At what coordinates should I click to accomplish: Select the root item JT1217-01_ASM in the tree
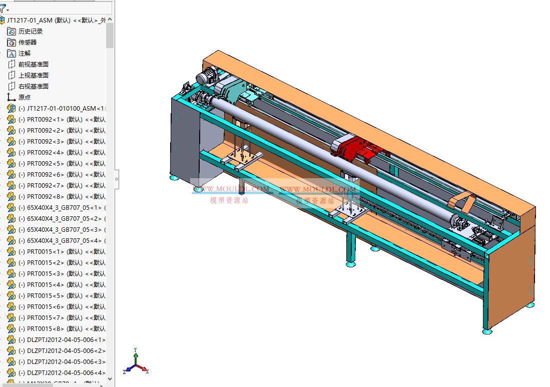55,20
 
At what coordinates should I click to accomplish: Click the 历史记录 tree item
31,31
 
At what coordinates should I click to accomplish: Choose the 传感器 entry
28,42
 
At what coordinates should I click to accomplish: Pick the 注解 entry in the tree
25,53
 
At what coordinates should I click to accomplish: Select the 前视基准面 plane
34,64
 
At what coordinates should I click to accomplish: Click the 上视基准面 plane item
34,75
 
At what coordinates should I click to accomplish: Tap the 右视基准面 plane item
34,86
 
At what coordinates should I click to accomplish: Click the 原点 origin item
25,97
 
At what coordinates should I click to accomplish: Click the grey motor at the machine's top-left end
205,78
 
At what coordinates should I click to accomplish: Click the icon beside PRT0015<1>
12,251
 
